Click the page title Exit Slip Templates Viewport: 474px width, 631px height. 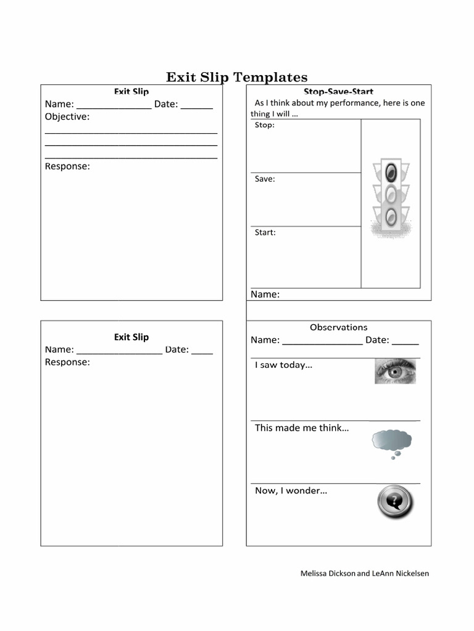click(x=236, y=77)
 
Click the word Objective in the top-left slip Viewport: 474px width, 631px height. click(x=67, y=116)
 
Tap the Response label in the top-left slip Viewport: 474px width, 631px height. click(x=67, y=166)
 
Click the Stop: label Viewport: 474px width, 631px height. click(x=265, y=125)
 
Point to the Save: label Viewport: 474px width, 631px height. click(x=265, y=179)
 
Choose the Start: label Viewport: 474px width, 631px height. click(x=265, y=232)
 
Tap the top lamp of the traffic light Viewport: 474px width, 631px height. click(x=391, y=172)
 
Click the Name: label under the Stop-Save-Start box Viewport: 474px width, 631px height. click(x=265, y=294)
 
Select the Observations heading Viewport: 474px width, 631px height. click(x=338, y=327)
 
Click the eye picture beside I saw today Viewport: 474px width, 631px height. click(x=395, y=371)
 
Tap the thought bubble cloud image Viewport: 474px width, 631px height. click(x=391, y=441)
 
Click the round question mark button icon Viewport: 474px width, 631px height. click(x=395, y=502)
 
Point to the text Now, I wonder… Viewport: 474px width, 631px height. click(x=291, y=491)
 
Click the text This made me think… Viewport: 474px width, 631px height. click(x=301, y=428)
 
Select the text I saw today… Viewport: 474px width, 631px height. click(x=283, y=365)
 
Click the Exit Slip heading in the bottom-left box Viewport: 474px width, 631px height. click(x=131, y=337)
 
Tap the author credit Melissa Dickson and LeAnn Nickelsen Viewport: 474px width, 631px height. click(x=364, y=573)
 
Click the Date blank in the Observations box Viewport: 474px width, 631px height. click(x=405, y=341)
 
